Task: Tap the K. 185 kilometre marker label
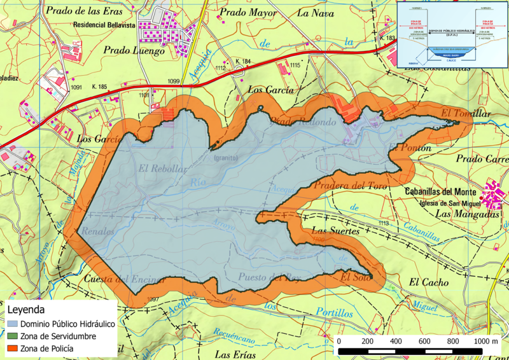click(x=100, y=87)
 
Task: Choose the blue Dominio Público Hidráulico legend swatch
click(x=13, y=324)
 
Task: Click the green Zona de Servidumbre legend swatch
click(x=13, y=337)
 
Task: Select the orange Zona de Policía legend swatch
click(x=13, y=349)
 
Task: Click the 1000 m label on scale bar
click(x=486, y=342)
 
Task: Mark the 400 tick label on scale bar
click(x=396, y=342)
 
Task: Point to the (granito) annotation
click(x=226, y=157)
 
